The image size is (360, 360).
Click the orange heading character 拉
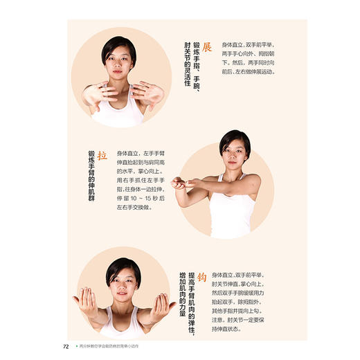point(102,156)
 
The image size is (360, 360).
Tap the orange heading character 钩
point(202,278)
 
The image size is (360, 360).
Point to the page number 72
point(66,347)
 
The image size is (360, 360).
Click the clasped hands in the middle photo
point(179,183)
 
